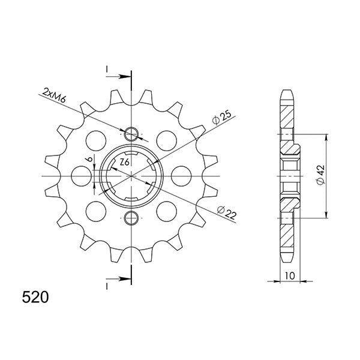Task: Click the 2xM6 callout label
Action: (55, 95)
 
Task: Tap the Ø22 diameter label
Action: (227, 212)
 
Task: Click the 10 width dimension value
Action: (290, 275)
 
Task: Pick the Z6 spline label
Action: (124, 163)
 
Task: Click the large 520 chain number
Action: (35, 297)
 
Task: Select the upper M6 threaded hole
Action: (131, 134)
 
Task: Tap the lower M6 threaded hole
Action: (131, 218)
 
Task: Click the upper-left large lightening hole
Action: (96, 141)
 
